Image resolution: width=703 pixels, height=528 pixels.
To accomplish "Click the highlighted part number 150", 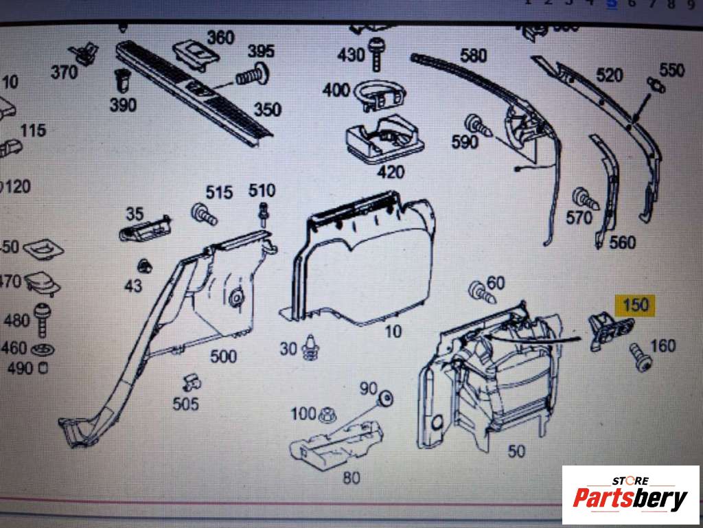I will click(635, 305).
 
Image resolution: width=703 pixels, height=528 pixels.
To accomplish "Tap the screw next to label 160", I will click(640, 359).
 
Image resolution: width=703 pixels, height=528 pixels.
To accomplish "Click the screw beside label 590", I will click(478, 126).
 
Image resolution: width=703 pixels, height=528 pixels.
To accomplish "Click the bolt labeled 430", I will click(376, 54).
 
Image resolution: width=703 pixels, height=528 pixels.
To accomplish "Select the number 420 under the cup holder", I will click(391, 172).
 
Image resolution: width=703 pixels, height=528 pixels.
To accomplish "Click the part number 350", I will click(266, 110).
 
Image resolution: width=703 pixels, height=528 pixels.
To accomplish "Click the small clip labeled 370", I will click(85, 53).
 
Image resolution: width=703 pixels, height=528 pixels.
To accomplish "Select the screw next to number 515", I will click(203, 214).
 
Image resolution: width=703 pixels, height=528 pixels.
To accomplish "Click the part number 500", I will click(223, 356).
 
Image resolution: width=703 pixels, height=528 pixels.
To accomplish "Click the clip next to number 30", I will click(312, 347).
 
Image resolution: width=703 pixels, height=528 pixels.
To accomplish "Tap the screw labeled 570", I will click(586, 198).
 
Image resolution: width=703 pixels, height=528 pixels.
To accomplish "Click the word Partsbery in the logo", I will click(630, 498).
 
